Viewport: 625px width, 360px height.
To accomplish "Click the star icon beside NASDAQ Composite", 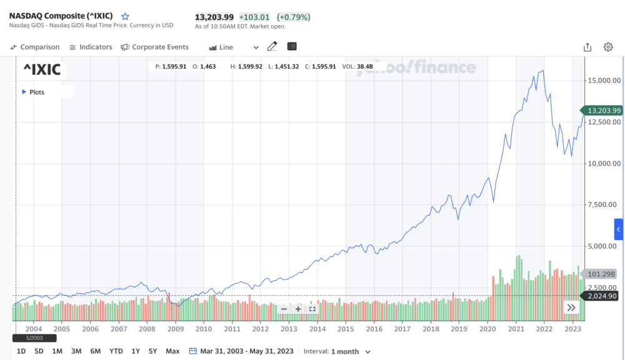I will tap(125, 16).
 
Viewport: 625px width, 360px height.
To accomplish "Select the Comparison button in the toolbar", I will tap(35, 47).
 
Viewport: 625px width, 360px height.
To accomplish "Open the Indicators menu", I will tap(91, 47).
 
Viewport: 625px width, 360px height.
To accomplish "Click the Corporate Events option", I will tap(154, 47).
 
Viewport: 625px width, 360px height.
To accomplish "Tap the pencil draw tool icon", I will tap(272, 47).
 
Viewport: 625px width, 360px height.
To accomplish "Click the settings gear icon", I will tap(608, 47).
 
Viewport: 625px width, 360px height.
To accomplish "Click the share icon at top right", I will tap(587, 47).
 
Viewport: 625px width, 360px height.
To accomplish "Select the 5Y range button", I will tap(152, 351).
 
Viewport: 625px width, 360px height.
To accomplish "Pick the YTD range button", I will tap(116, 351).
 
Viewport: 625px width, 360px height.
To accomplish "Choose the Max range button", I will tap(172, 351).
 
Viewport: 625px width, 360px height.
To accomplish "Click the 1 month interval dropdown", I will tap(351, 351).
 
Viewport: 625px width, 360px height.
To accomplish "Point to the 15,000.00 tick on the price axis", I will tap(604, 80).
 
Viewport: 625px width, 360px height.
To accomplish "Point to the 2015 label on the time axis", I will tap(346, 329).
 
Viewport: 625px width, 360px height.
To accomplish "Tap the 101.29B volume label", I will tap(602, 274).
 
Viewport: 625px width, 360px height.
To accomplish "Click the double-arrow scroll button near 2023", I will tap(571, 307).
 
